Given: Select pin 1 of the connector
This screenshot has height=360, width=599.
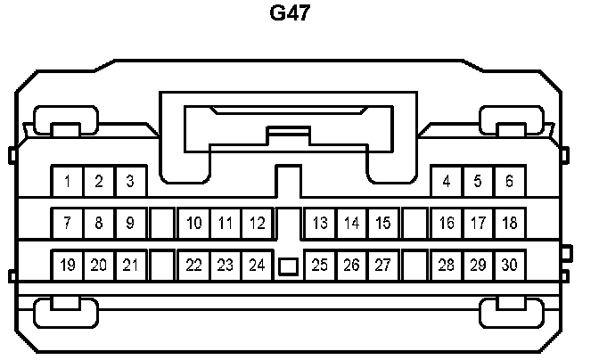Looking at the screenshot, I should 68,182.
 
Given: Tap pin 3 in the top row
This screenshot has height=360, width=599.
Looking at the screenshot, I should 129,182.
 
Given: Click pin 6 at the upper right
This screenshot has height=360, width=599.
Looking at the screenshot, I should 509,182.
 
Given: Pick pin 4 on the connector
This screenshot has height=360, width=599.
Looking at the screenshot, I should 447,182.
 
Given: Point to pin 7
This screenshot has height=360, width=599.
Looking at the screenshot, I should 68,223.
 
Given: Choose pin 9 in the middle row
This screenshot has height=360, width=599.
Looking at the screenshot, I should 129,223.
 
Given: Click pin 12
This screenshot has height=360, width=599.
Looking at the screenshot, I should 257,223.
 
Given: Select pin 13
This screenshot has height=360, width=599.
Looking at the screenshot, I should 321,223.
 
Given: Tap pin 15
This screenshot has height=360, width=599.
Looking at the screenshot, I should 382,223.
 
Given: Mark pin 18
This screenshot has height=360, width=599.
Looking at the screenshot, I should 509,223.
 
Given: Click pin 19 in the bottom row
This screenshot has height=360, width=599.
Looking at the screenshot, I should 68,265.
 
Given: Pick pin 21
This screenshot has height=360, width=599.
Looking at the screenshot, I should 129,265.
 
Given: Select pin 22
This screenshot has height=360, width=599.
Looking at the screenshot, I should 194,265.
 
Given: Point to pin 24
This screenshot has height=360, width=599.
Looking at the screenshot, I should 257,265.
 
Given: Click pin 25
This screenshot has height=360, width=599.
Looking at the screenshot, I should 321,265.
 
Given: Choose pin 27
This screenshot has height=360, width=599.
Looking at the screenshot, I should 382,265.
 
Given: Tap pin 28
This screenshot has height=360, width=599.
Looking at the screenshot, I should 447,265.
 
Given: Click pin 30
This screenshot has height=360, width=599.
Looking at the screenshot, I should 509,265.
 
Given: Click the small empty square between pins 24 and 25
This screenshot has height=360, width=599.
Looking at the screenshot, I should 288,266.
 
